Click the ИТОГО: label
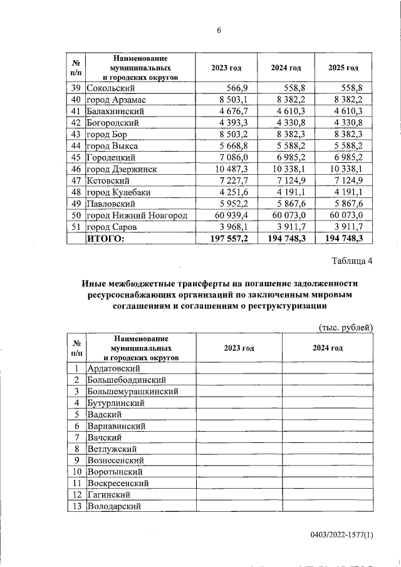[x=106, y=238]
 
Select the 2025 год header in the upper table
[x=343, y=68]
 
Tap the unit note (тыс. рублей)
[x=346, y=327]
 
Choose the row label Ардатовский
[x=113, y=369]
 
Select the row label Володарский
[x=114, y=506]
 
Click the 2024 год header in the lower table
[x=327, y=348]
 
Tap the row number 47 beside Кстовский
[x=75, y=180]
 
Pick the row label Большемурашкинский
[x=133, y=392]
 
